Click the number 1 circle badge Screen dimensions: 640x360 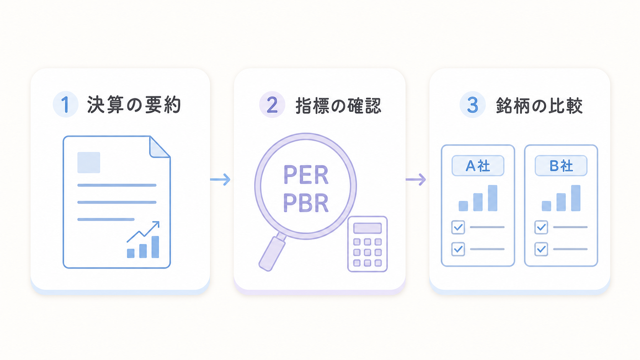[66, 104]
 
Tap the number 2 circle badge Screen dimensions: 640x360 [272, 104]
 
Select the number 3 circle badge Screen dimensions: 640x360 [473, 104]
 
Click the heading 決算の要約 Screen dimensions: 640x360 [134, 105]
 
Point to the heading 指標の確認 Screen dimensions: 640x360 [338, 105]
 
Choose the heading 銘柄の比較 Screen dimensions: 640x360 [539, 105]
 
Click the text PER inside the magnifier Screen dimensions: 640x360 [306, 175]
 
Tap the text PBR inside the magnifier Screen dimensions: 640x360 [306, 203]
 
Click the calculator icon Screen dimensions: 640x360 [367, 244]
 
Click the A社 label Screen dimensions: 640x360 [478, 166]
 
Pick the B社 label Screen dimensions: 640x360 [561, 166]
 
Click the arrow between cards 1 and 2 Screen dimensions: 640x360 [220, 179]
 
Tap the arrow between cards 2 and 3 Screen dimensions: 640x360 [416, 179]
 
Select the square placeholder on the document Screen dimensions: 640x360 [89, 163]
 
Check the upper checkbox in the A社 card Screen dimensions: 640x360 [458, 227]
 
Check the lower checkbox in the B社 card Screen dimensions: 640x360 [541, 249]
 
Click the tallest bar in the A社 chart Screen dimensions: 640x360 [493, 198]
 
